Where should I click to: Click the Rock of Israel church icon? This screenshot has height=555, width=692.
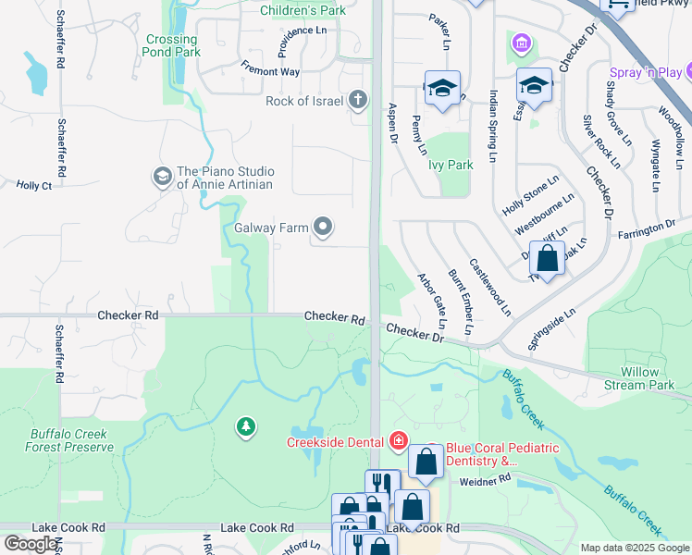click(x=359, y=101)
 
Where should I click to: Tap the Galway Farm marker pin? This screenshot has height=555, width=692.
click(x=323, y=226)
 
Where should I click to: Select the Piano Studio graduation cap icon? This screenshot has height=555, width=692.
click(x=163, y=177)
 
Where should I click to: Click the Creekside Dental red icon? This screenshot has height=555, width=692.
click(x=399, y=440)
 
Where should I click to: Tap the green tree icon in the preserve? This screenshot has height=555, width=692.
click(x=245, y=425)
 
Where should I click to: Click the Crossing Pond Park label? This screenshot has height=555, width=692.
click(x=172, y=46)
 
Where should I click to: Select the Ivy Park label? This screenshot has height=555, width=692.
click(x=451, y=166)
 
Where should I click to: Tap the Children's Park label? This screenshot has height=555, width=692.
click(x=303, y=10)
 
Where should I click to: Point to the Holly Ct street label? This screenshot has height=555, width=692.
click(x=33, y=185)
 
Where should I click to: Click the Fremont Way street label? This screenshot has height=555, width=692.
click(x=270, y=70)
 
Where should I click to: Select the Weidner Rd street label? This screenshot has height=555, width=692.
click(x=485, y=480)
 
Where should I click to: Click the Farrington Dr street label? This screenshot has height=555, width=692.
click(x=646, y=228)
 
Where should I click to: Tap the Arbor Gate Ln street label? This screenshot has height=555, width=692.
click(x=432, y=301)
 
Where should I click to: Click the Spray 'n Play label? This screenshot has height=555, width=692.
click(x=651, y=72)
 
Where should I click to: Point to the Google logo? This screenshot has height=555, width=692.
click(x=31, y=544)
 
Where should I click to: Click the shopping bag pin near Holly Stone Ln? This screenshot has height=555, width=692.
click(x=548, y=260)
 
